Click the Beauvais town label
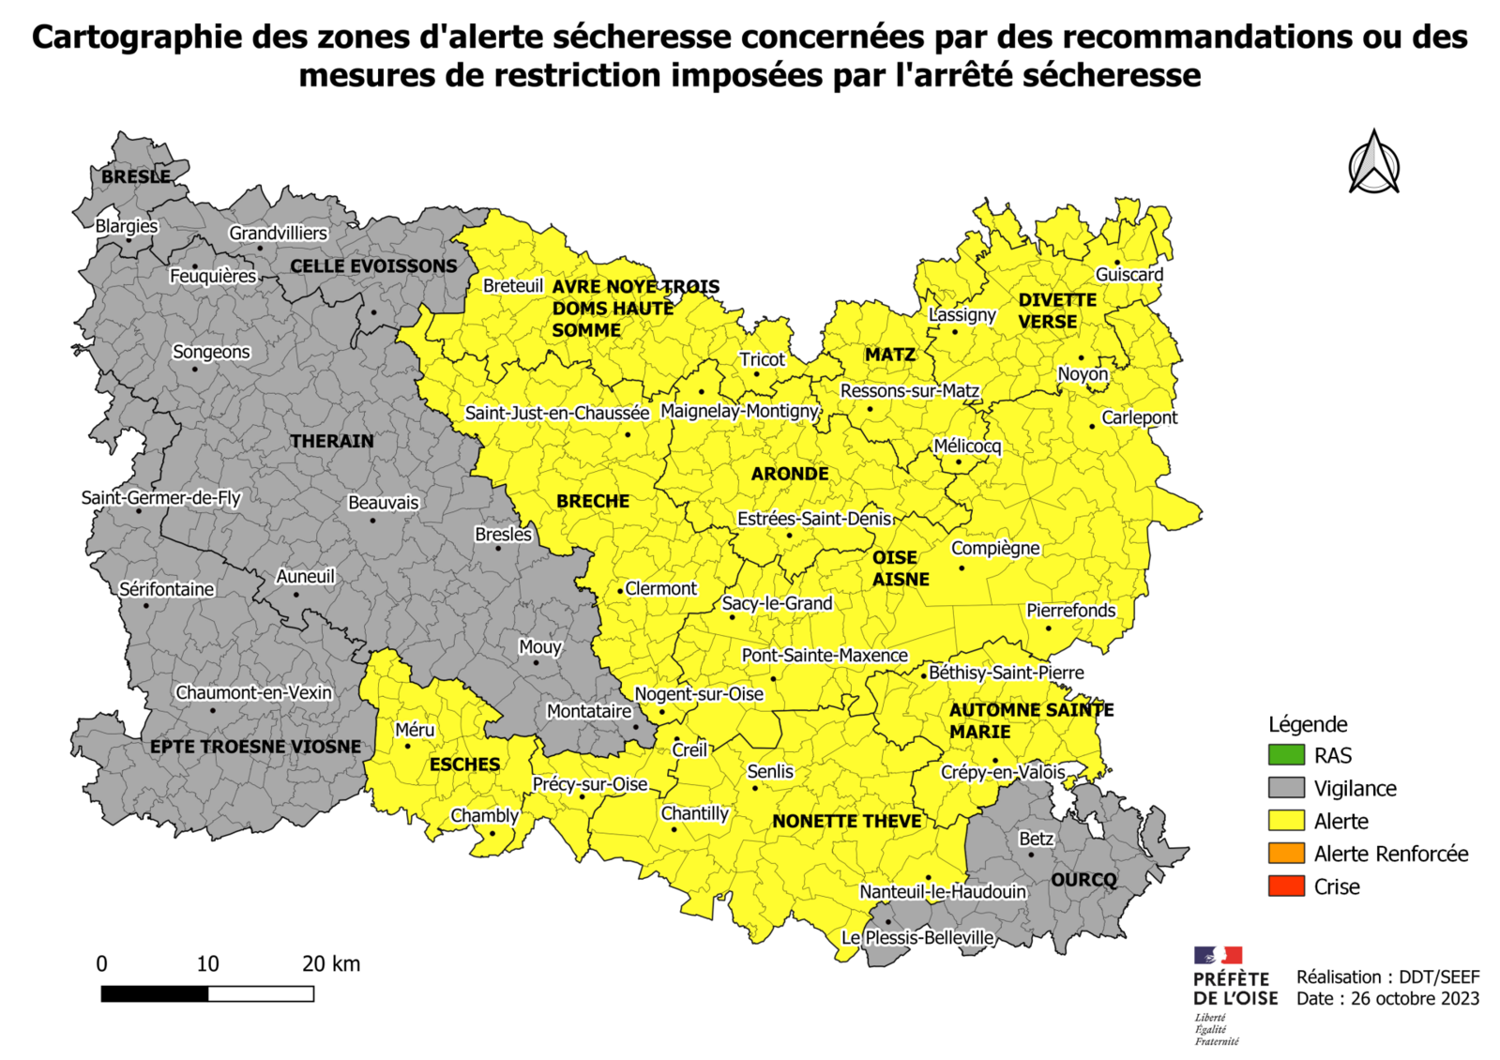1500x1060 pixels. click(x=383, y=503)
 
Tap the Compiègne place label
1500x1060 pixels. click(x=994, y=548)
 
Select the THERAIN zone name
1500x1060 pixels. click(x=331, y=441)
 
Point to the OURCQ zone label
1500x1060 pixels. click(x=1083, y=880)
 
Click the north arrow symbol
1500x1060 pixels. click(x=1373, y=163)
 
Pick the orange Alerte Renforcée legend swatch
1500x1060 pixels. click(x=1286, y=854)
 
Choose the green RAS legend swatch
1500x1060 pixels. click(x=1286, y=755)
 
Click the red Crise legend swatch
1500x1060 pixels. click(x=1286, y=886)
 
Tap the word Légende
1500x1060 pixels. click(x=1308, y=724)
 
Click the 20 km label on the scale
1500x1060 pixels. click(x=330, y=963)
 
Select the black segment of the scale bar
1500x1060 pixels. click(x=155, y=994)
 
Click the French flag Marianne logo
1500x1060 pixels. click(x=1218, y=956)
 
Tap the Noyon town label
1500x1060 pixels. click(x=1083, y=373)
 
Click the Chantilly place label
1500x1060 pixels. click(x=694, y=813)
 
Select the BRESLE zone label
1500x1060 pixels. click(x=136, y=176)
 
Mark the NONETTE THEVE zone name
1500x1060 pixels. click(x=846, y=822)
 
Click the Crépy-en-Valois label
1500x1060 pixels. click(x=1003, y=772)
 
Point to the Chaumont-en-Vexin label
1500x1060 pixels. click(x=253, y=692)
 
